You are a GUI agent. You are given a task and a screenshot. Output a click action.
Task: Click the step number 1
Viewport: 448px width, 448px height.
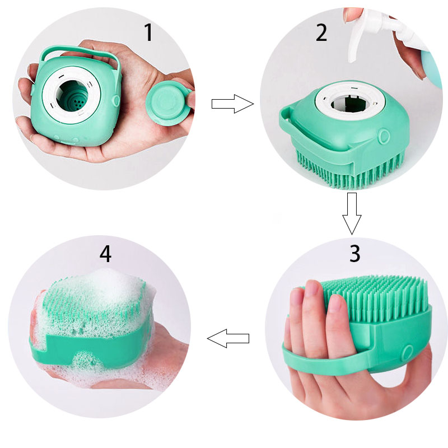point(148,32)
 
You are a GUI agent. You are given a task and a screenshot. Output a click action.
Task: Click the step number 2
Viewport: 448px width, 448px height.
point(321,32)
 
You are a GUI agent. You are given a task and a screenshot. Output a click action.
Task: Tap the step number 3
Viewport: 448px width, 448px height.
point(355,253)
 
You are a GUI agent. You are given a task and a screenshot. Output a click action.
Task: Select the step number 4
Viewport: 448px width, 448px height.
point(105,254)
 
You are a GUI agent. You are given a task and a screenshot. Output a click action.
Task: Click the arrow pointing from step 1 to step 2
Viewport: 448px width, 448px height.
point(232,104)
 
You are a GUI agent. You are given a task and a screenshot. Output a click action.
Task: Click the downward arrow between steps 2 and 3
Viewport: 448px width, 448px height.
point(352,213)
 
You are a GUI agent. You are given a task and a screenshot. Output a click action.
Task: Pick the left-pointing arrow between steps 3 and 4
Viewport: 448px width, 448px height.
point(228,338)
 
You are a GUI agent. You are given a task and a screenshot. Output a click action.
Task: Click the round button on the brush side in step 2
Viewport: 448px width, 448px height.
point(384,137)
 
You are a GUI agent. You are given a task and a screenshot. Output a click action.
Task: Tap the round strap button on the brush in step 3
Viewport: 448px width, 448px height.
point(408,352)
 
